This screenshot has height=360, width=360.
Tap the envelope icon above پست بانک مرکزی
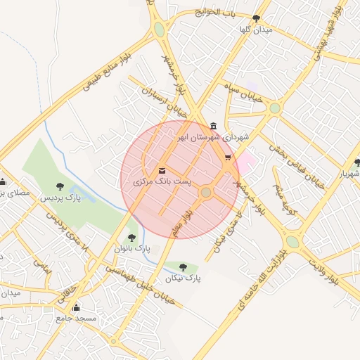point(162,171)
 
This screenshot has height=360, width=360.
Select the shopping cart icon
point(227,157)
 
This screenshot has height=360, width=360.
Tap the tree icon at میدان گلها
point(256,18)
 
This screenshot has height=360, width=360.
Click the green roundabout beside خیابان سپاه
point(274,108)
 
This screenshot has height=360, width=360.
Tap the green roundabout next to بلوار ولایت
point(292,241)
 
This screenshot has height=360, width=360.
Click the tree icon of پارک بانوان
point(131,238)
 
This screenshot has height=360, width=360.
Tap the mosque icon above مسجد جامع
point(77,308)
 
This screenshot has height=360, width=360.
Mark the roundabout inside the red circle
point(206,192)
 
